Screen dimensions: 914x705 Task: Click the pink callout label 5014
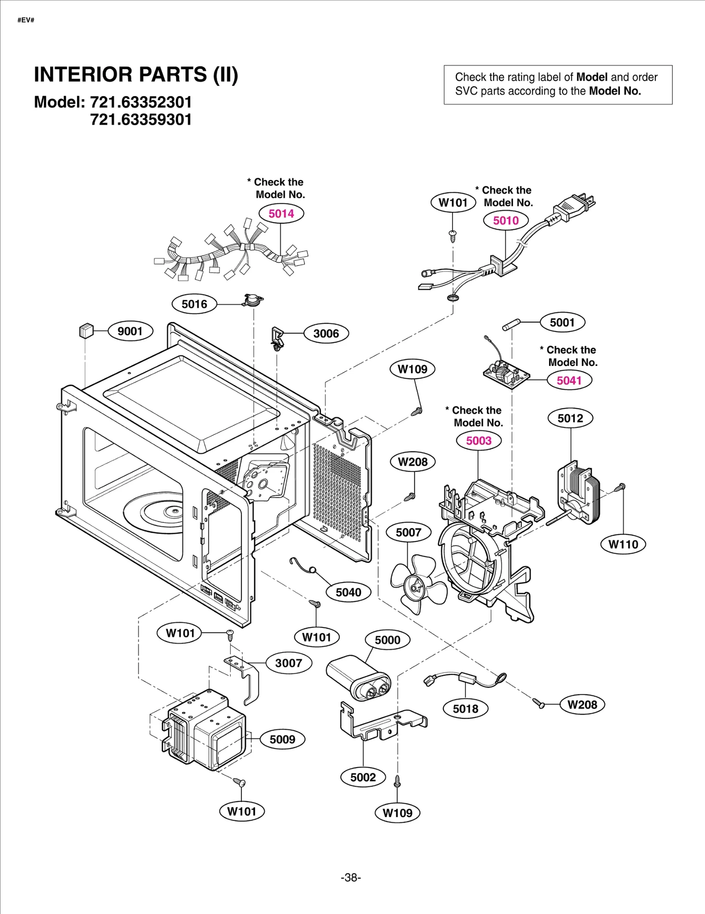coord(281,214)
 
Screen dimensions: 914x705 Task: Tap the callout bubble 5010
coord(505,220)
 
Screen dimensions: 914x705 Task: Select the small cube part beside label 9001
coord(86,331)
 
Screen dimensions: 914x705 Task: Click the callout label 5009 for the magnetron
coord(282,739)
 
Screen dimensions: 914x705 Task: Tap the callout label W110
coord(623,545)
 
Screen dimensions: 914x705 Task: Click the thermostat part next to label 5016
coord(252,301)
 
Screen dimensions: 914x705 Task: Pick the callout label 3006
coord(326,334)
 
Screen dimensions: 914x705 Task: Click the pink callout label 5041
coord(569,381)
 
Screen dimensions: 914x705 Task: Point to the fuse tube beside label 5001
coord(511,325)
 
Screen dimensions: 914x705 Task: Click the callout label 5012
coord(570,418)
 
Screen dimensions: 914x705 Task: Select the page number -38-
coord(351,877)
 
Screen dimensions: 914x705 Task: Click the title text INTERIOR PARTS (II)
coord(136,75)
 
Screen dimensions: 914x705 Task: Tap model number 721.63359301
coord(141,120)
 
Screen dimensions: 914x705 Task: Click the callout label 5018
coord(465,709)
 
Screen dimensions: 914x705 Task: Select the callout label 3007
coord(289,663)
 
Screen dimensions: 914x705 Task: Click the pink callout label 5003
coord(479,441)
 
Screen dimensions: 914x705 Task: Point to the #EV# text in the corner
coord(26,20)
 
